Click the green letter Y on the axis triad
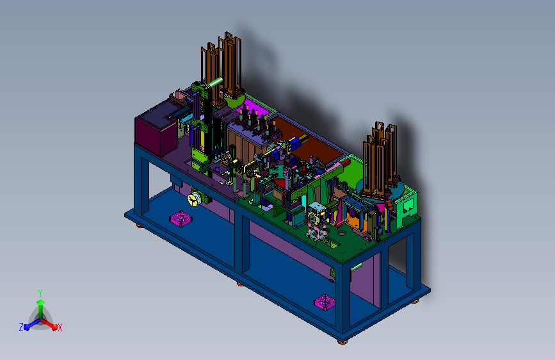[x=40, y=293]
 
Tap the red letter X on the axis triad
[x=60, y=327]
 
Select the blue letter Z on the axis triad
[x=21, y=327]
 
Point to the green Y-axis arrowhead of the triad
[x=41, y=302]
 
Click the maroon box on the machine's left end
[x=156, y=129]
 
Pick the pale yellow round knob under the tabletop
[x=193, y=199]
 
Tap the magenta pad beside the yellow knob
[x=181, y=218]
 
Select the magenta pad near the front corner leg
[x=324, y=302]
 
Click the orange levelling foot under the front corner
[x=342, y=342]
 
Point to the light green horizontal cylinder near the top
[x=215, y=83]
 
